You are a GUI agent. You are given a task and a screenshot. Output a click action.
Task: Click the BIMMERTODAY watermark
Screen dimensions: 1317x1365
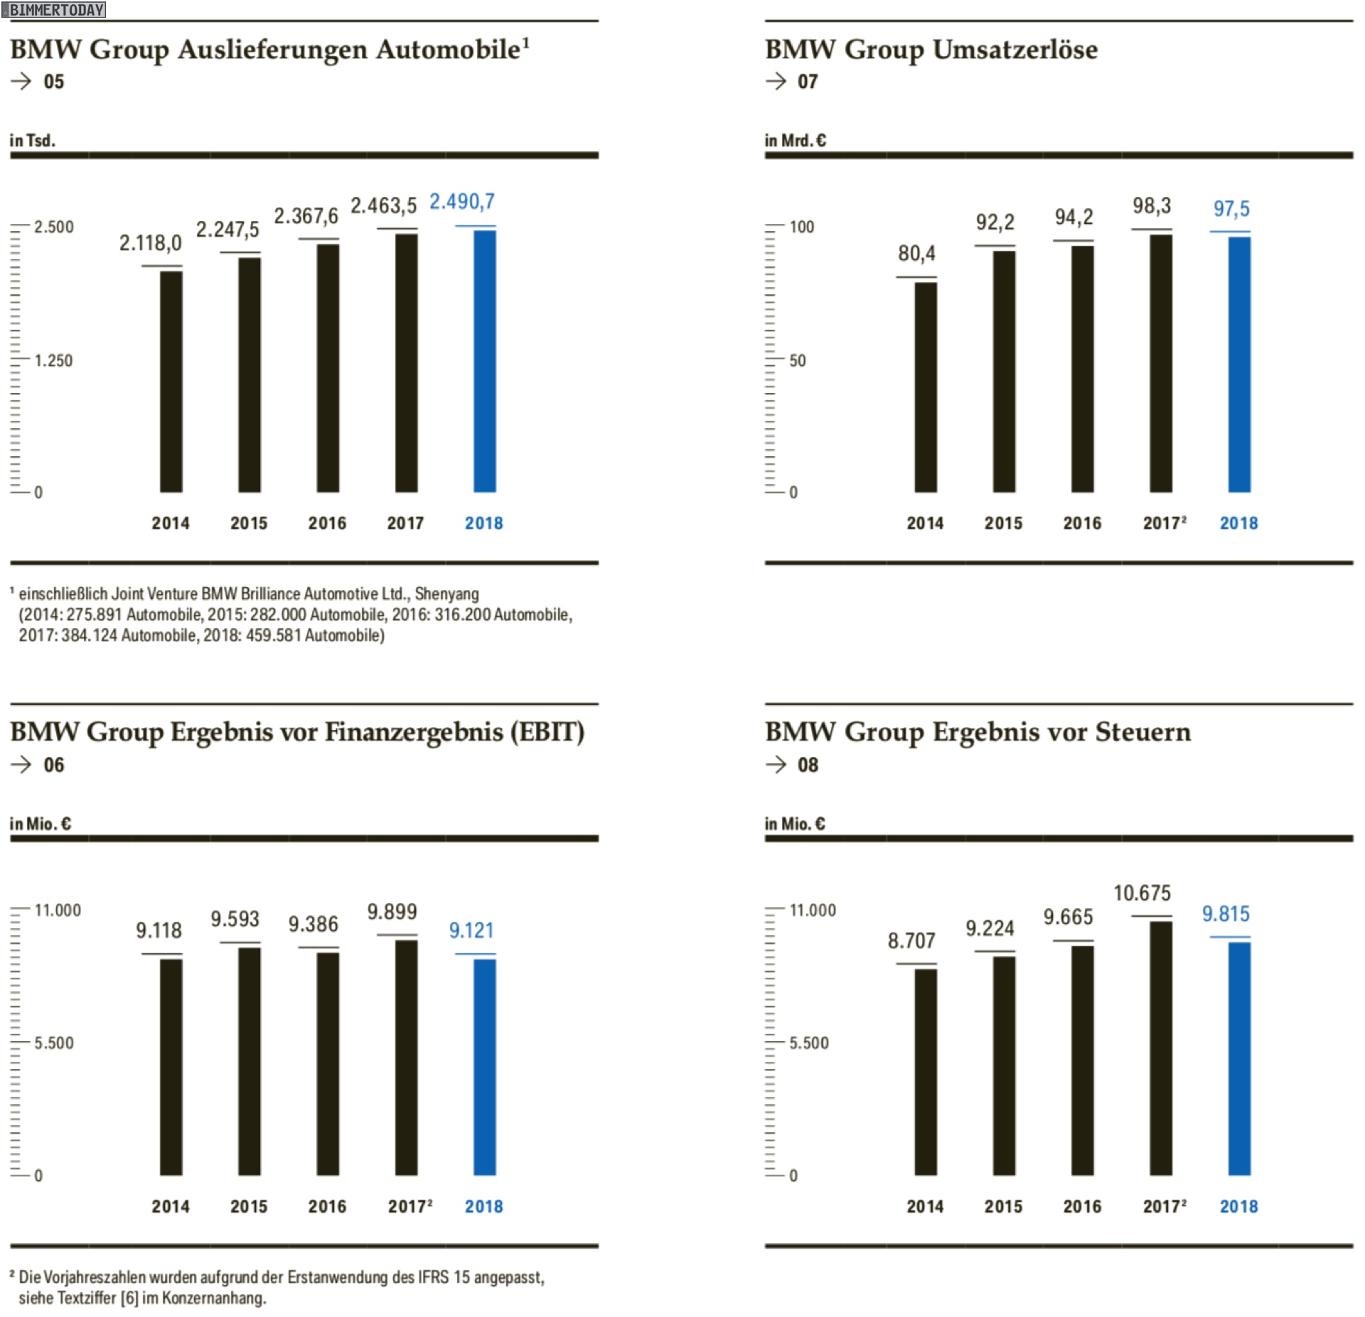[x=56, y=10]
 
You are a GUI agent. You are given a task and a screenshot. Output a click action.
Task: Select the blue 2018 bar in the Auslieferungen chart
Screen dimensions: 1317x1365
[x=485, y=361]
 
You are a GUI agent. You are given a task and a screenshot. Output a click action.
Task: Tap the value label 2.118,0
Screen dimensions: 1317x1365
[x=150, y=243]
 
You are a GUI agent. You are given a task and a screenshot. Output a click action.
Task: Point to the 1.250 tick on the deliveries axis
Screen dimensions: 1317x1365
[x=53, y=360]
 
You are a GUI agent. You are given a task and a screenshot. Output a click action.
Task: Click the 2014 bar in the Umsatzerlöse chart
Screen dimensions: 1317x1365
[x=925, y=387]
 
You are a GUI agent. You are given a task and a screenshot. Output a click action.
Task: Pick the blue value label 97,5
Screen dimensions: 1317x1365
[x=1231, y=209]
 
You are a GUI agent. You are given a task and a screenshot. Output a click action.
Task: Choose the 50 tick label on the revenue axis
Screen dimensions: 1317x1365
[x=797, y=360]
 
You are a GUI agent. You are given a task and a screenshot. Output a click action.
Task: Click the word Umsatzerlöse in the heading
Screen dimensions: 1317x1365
[x=1015, y=50]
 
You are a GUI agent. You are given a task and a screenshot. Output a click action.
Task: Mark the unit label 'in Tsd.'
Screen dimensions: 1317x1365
[x=32, y=140]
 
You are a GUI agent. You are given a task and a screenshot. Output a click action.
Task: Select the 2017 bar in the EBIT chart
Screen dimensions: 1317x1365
[x=406, y=1058]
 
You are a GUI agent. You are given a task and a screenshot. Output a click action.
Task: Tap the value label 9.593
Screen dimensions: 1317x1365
[x=235, y=919]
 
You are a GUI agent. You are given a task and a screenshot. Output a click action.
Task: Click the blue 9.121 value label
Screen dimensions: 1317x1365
[x=471, y=930]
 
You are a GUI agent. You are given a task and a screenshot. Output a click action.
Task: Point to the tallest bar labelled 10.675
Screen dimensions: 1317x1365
[x=1160, y=1048]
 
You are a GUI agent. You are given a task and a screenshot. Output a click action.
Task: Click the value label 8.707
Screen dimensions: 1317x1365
[x=911, y=940]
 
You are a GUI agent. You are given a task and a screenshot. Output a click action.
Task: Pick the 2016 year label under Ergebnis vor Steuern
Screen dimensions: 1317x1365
[x=1081, y=1206]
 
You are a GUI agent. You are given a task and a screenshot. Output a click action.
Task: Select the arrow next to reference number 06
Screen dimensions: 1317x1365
[x=21, y=764]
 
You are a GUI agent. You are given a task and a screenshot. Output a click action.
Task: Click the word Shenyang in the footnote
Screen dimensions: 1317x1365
[x=446, y=593]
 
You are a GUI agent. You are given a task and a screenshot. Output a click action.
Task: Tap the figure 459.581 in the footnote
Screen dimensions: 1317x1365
[x=273, y=635]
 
